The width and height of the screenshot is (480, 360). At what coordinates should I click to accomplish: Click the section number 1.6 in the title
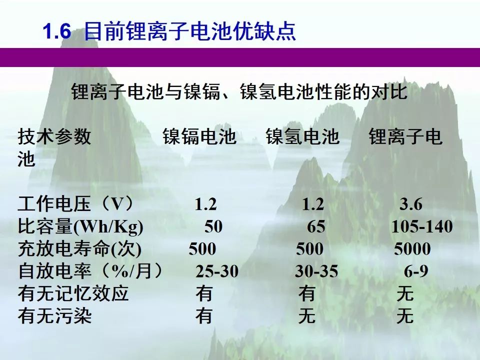(x=57, y=31)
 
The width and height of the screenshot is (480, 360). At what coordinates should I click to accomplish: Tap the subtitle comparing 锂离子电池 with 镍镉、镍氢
(x=239, y=91)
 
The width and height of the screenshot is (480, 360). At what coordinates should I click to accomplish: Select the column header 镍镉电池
(x=199, y=136)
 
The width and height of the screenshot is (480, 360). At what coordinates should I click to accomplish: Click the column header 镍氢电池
(x=302, y=136)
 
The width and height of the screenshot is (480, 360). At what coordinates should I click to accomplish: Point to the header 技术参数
(x=54, y=136)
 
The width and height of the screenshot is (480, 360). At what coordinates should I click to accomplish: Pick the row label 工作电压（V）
(x=76, y=204)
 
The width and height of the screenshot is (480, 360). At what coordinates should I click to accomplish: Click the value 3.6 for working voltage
(x=411, y=204)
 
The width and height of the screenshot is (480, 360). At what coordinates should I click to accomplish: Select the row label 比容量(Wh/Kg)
(x=80, y=227)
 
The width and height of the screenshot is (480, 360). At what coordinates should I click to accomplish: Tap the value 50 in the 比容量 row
(x=213, y=227)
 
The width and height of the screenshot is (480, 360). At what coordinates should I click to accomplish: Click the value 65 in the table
(x=316, y=227)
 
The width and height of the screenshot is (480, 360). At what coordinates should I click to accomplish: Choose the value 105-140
(x=422, y=227)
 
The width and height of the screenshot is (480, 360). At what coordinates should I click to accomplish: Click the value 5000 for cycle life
(x=412, y=249)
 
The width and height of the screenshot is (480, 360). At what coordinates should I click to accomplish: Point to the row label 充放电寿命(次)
(x=79, y=249)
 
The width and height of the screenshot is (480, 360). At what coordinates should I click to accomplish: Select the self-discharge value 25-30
(x=217, y=271)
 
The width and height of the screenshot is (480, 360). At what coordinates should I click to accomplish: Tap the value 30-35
(x=316, y=271)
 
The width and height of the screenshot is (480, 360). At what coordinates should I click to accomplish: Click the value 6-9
(x=415, y=271)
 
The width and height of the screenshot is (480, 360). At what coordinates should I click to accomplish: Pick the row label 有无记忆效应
(x=73, y=293)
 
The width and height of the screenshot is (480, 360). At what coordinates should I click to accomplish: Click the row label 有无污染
(x=54, y=315)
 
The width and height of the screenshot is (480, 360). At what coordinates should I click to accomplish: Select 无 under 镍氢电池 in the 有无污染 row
(x=306, y=315)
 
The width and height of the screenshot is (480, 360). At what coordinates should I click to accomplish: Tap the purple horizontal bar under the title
(x=240, y=57)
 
